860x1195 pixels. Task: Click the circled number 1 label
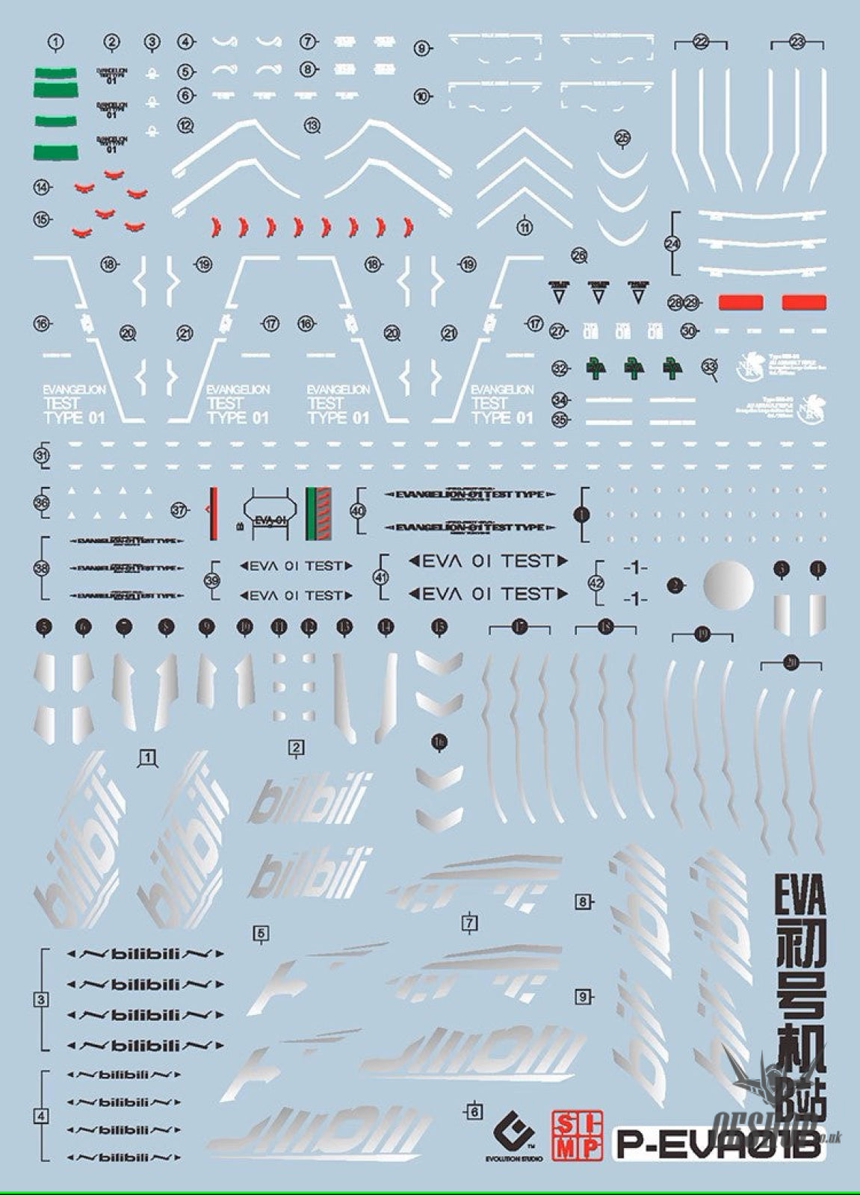(x=55, y=43)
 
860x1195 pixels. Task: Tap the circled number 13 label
(x=312, y=125)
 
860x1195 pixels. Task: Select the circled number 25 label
(x=622, y=137)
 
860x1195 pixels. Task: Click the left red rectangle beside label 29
(x=740, y=302)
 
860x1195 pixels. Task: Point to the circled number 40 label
(x=358, y=511)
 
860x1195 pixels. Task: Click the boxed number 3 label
(x=42, y=999)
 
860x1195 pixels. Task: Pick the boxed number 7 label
(x=469, y=923)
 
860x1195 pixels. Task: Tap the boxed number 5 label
(x=261, y=933)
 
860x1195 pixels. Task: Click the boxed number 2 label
(x=297, y=747)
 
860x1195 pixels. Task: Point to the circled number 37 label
(x=179, y=511)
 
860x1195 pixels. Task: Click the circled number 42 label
(x=596, y=583)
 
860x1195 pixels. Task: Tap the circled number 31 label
(x=42, y=456)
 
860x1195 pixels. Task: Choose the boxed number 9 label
(x=584, y=996)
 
